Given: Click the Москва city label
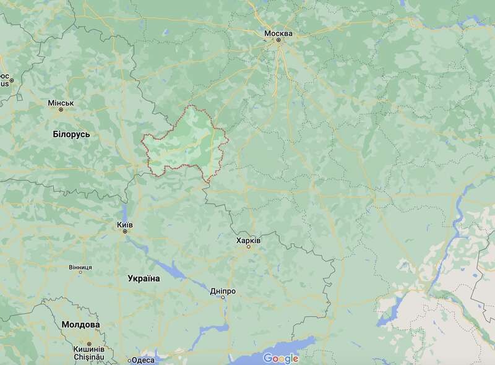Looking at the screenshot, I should tap(278, 33).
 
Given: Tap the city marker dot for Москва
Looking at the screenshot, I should tap(278, 41).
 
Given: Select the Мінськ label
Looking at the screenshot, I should tap(61, 103).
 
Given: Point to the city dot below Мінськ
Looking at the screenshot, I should tap(61, 110).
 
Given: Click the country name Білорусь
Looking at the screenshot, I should tap(72, 134).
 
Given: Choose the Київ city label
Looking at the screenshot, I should tap(125, 224).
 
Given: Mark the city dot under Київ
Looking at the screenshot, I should tap(125, 231).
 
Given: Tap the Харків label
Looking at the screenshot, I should tap(249, 239).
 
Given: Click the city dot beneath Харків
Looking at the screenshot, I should tap(249, 247).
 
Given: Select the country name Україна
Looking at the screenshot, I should tap(144, 278).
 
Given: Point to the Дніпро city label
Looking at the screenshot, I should tap(223, 290).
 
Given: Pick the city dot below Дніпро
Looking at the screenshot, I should tap(223, 298).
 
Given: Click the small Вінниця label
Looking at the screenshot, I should tap(80, 267).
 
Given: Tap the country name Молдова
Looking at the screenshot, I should tap(80, 324).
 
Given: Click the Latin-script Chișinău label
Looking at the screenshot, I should tap(89, 357).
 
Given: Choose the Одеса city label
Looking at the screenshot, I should tap(143, 360).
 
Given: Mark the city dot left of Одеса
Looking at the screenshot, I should tap(129, 360).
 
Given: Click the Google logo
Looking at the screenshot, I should tap(281, 358).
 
